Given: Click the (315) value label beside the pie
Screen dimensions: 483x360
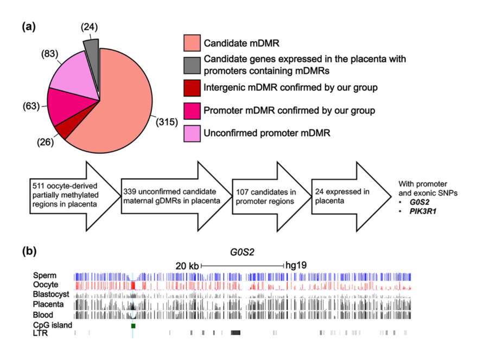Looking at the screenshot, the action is (x=167, y=122).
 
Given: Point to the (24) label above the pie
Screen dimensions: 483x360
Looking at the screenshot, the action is (x=90, y=27).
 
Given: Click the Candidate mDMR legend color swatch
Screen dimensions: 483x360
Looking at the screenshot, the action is (x=192, y=43).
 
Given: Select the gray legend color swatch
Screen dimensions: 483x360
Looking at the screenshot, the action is (x=192, y=65).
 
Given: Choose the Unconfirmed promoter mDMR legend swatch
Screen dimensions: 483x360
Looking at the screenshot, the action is (x=192, y=133).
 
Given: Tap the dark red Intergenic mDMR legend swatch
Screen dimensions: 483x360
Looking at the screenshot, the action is (x=192, y=88).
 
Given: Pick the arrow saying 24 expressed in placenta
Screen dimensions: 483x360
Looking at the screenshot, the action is (x=351, y=196).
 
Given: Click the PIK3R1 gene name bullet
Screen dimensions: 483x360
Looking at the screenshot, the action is (x=423, y=211).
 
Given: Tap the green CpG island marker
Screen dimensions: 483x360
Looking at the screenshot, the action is (x=133, y=325).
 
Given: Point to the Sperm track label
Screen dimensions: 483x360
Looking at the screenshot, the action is (x=45, y=275).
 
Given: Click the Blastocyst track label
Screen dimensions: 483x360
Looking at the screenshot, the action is (x=51, y=294).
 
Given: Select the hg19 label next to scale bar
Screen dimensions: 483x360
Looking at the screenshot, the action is (x=296, y=265).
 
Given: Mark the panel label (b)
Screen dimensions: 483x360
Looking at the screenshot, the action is (x=29, y=251).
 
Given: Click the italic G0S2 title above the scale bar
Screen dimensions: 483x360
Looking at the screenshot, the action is (x=242, y=252).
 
